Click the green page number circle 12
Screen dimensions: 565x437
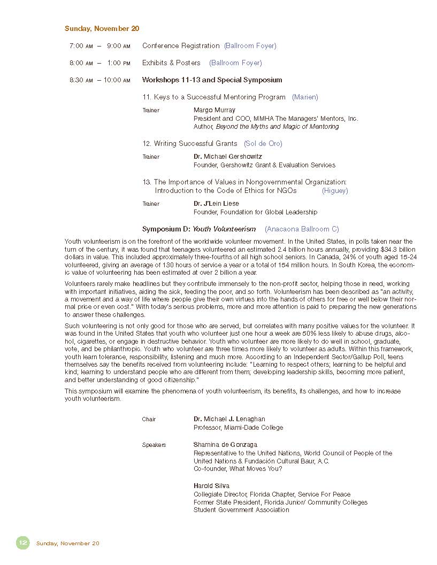[22, 543]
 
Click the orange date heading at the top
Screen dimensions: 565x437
[102, 29]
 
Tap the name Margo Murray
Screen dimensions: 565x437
[214, 110]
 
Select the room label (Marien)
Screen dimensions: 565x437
[305, 97]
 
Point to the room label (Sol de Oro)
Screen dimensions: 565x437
[263, 144]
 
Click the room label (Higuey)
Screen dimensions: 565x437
[335, 191]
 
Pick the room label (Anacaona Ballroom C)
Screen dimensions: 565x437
[302, 229]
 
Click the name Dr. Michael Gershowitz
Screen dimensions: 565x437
[228, 157]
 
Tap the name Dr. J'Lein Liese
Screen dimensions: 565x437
[216, 204]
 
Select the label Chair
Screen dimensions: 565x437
[149, 420]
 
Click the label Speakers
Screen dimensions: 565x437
[154, 445]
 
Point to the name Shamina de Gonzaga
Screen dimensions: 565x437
[225, 445]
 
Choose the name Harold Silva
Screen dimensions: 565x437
[211, 486]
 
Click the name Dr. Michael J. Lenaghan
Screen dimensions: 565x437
[229, 419]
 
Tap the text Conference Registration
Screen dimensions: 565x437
[181, 46]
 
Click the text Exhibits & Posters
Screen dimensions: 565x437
[171, 63]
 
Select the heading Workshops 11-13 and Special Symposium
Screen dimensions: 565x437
[212, 80]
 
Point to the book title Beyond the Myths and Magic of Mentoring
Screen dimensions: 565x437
[277, 127]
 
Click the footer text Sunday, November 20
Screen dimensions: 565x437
[67, 544]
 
